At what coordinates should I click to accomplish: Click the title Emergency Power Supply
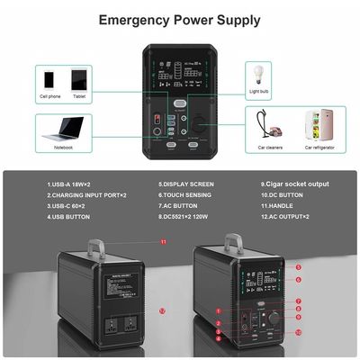[x=180, y=20]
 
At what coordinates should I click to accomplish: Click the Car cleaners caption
[x=270, y=146]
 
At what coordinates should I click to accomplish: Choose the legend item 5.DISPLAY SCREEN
[x=185, y=184]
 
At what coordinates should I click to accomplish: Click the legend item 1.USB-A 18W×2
[x=72, y=184]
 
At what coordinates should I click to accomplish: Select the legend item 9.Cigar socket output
[x=293, y=184]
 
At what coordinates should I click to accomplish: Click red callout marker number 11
[x=163, y=242]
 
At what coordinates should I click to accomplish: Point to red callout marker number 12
[x=162, y=310]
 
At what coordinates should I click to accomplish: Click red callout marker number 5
[x=298, y=266]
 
